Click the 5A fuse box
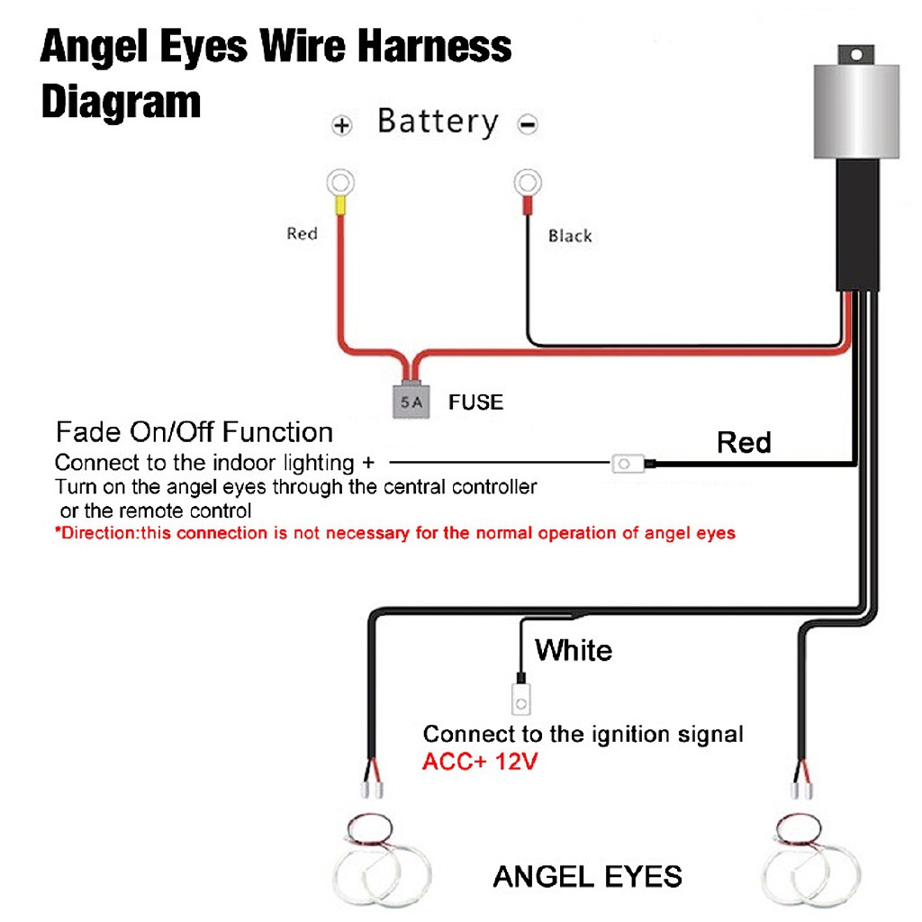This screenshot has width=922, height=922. click(x=411, y=402)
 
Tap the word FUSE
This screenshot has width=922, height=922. click(x=475, y=402)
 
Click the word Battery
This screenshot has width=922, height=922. click(x=438, y=122)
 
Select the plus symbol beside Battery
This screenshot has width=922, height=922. click(x=341, y=126)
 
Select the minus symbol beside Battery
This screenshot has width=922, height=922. click(x=528, y=125)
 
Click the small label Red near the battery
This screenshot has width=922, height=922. click(x=302, y=234)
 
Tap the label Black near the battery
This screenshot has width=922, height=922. click(x=570, y=236)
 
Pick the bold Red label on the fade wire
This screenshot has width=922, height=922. click(x=744, y=443)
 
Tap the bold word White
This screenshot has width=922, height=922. click(x=574, y=650)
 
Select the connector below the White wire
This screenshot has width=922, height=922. click(x=520, y=696)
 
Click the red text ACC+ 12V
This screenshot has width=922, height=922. click(x=480, y=762)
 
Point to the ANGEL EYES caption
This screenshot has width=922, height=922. click(x=587, y=875)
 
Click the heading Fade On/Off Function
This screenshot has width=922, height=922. click(x=194, y=432)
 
